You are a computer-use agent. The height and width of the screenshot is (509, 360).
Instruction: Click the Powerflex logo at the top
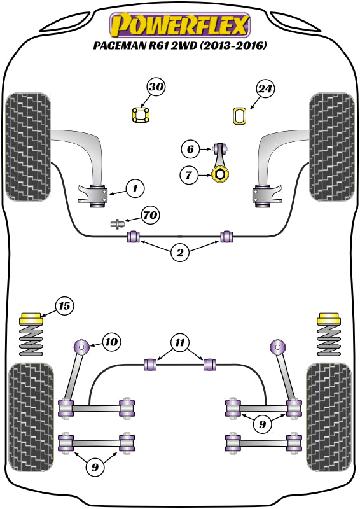tap(180, 25)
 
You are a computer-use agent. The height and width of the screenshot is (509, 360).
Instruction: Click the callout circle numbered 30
tap(156, 88)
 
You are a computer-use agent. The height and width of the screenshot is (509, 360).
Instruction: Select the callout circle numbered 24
tap(266, 89)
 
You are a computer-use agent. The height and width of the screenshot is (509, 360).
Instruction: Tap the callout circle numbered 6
tap(190, 150)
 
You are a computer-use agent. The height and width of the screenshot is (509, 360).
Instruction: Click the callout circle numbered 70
tap(151, 215)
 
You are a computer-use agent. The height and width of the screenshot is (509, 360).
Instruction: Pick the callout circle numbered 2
tap(180, 253)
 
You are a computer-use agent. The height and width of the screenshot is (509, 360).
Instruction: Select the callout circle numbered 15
tap(64, 307)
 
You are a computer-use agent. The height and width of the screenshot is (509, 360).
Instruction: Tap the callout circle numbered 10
tap(111, 342)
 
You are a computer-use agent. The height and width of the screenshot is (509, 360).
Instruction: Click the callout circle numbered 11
tap(180, 344)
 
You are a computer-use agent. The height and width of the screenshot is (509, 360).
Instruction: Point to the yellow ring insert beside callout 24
tap(240, 116)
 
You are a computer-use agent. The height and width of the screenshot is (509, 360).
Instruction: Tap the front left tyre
tap(27, 146)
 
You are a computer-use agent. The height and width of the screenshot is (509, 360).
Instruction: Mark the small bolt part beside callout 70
tap(118, 224)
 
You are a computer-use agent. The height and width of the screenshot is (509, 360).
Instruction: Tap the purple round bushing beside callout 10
tap(83, 347)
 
